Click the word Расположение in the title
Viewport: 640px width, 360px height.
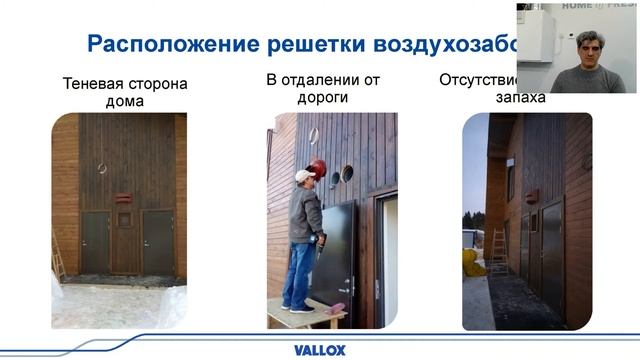pyautogui.click(x=164, y=44)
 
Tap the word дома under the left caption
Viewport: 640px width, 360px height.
pyautogui.click(x=125, y=101)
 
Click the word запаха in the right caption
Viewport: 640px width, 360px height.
pyautogui.click(x=521, y=98)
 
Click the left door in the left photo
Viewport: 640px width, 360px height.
pyautogui.click(x=96, y=242)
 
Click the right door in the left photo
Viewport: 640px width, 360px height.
pyautogui.click(x=158, y=242)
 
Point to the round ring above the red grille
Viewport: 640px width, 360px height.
pyautogui.click(x=101, y=168)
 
